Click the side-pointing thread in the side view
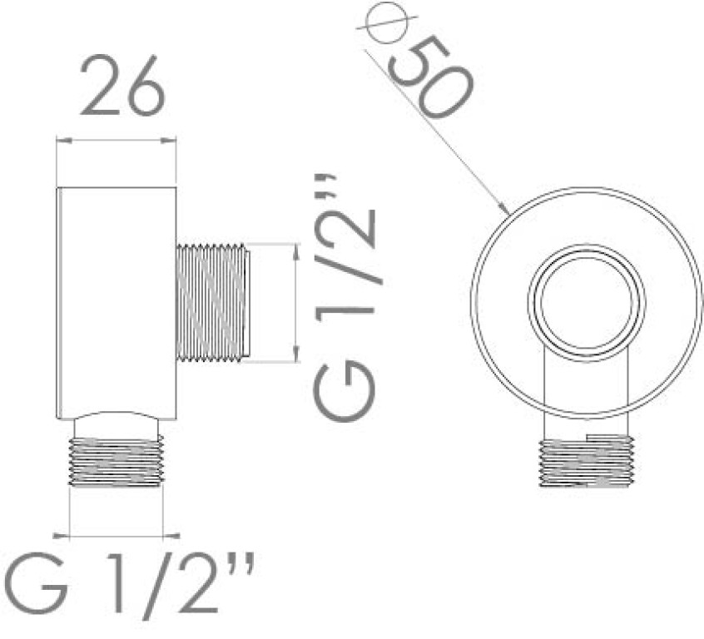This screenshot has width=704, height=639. coord(212,302)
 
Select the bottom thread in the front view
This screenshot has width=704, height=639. coord(587,463)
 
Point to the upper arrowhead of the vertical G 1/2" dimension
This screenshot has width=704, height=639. coord(295,249)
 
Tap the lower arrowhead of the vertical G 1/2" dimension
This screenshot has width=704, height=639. coord(295,357)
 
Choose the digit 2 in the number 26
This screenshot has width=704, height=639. coord(99,87)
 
